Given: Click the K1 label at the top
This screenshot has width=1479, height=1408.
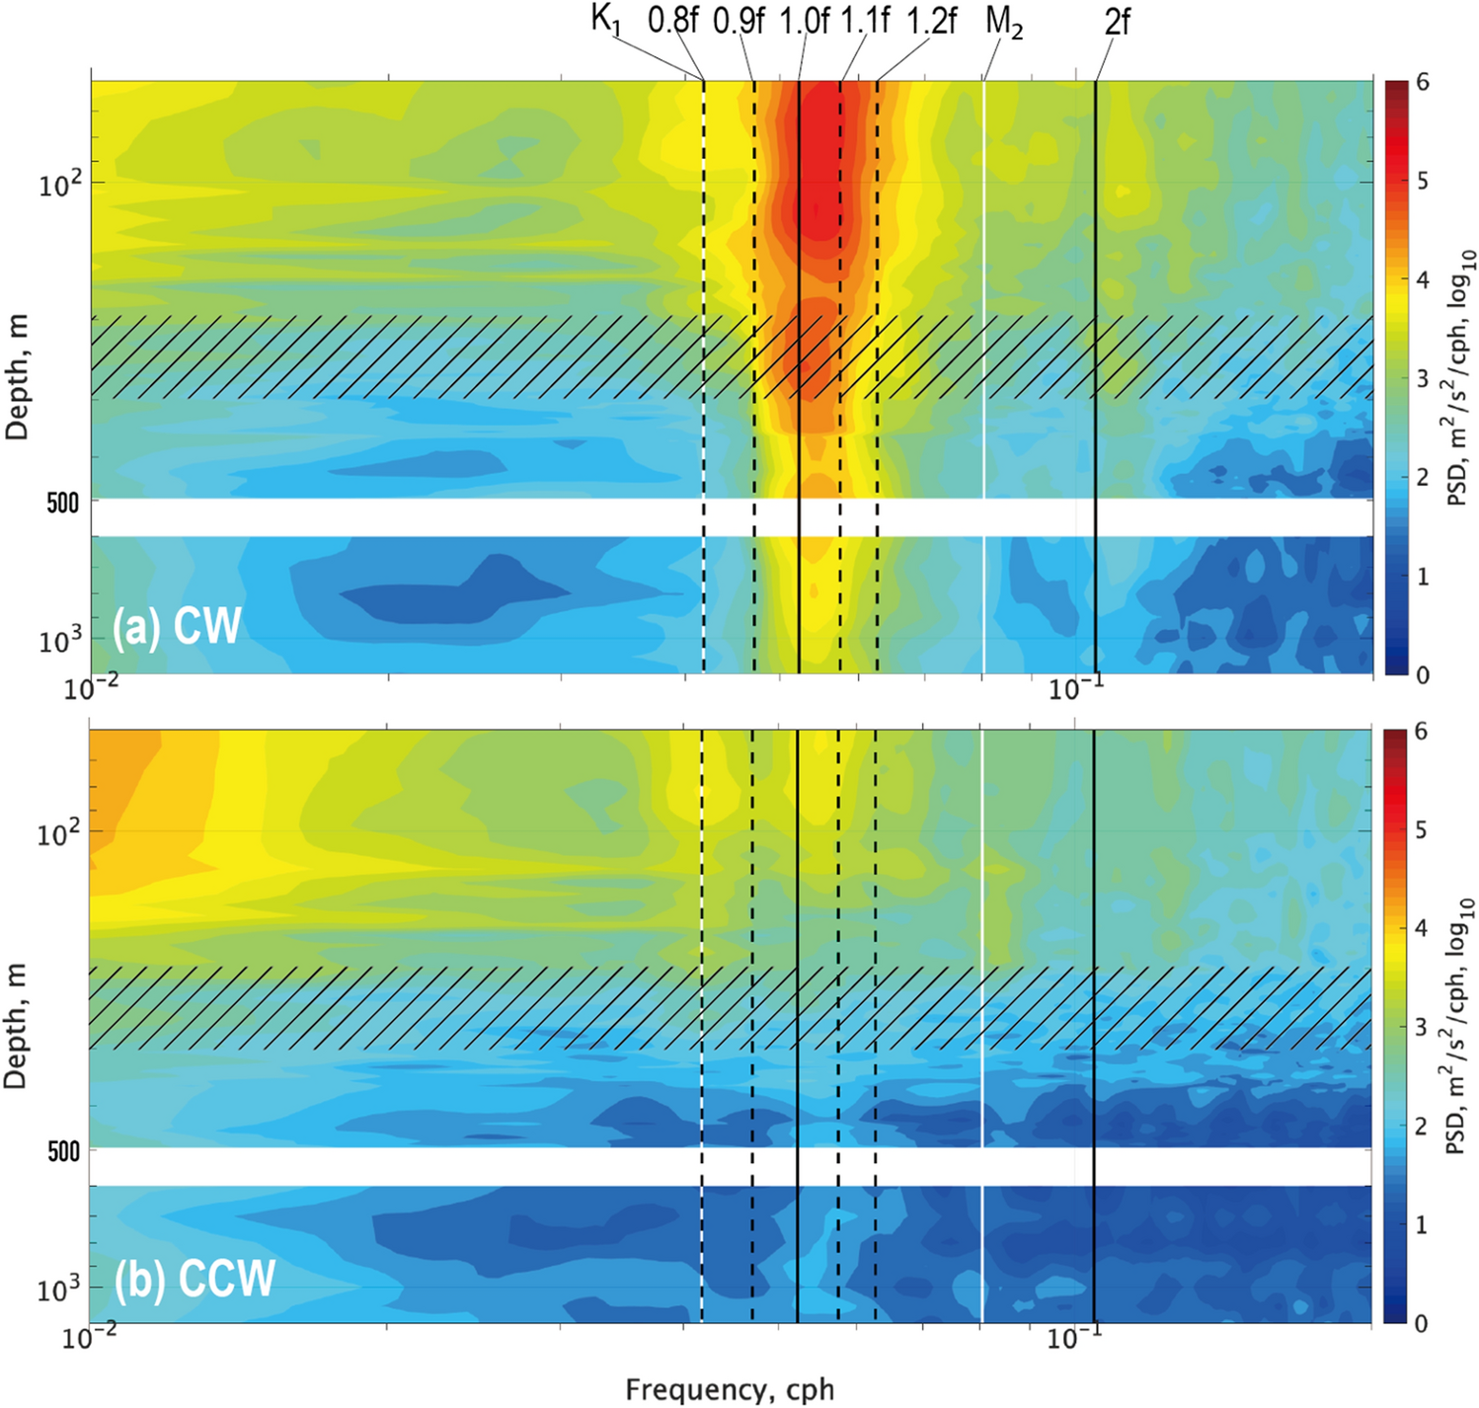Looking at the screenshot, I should (606, 21).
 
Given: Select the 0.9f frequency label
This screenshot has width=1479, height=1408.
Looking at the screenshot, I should (738, 21).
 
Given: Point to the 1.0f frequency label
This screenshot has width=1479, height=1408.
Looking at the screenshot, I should (804, 21).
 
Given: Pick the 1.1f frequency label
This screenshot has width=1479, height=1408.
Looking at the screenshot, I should (865, 21).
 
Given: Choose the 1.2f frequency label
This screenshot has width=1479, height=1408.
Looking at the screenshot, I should (930, 21).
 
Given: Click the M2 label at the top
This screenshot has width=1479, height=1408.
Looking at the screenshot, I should (1003, 23).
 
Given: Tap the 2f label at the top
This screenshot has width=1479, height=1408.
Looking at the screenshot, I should (1116, 21).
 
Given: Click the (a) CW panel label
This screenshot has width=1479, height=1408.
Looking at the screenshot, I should (177, 626).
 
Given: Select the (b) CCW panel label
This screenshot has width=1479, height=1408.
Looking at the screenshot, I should (194, 1279).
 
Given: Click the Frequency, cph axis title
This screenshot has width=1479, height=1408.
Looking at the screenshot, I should (730, 1390).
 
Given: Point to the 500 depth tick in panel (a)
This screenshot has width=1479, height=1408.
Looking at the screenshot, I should (63, 503).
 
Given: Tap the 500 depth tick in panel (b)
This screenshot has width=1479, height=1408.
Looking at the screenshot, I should (63, 1151).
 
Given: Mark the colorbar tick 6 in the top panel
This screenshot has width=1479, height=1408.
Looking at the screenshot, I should (1422, 82).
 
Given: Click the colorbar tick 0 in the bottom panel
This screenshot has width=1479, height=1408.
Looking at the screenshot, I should (1421, 1323).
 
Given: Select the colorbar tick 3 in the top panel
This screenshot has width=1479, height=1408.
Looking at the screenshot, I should (1422, 378).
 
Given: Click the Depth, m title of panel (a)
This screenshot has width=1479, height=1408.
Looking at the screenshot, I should (17, 377).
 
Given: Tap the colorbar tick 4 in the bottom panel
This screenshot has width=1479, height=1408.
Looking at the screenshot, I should (1421, 928).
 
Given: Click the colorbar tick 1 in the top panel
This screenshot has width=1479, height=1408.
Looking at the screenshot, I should (1422, 576).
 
